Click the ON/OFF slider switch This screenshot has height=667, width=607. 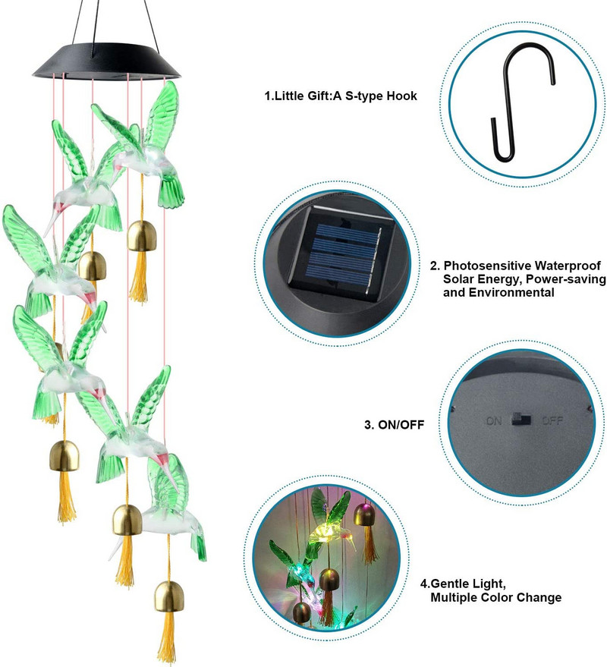pos(521,419)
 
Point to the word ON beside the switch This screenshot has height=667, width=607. pos(495,419)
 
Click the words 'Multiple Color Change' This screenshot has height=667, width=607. pos(496,597)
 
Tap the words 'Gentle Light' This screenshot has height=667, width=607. pos(467,584)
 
